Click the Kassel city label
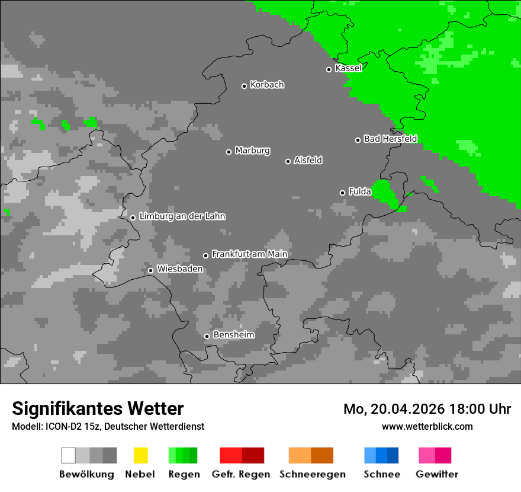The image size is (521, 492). [348, 68]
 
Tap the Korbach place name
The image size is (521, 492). [267, 85]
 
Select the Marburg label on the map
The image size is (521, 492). [252, 151]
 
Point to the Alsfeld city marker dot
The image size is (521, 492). [288, 161]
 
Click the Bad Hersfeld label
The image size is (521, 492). [390, 139]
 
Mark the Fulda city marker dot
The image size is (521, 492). [342, 193]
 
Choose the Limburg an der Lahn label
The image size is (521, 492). [182, 216]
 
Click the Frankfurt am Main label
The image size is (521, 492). [249, 254]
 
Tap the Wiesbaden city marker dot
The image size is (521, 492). [150, 270]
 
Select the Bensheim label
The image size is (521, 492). [234, 335]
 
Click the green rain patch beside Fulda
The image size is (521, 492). [385, 193]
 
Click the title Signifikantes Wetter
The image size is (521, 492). [98, 408]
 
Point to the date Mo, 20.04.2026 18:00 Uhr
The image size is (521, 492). [427, 409]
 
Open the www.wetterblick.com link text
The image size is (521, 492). [427, 426]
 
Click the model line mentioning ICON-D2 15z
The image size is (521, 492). [108, 427]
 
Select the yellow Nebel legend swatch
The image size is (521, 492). [140, 455]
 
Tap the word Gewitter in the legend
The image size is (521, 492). [436, 474]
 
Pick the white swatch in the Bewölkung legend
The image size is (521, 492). [68, 455]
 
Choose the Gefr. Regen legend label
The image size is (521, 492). [241, 474]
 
